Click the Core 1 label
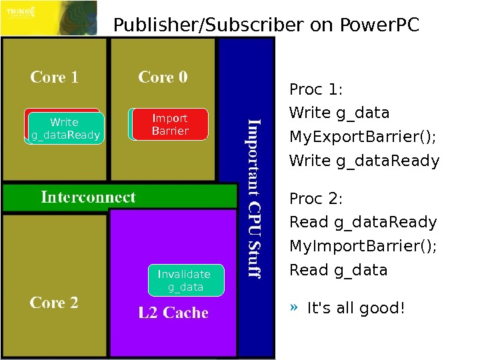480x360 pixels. (x=54, y=77)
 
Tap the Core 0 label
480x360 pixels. (x=163, y=77)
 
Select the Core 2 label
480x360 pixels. (x=54, y=303)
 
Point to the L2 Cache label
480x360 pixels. (x=173, y=312)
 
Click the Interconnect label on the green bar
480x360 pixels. (x=88, y=197)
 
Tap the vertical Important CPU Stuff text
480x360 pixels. (x=254, y=198)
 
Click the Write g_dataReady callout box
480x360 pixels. (x=65, y=129)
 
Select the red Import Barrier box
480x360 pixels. (x=170, y=125)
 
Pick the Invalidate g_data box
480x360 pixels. (x=185, y=281)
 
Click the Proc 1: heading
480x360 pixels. (x=315, y=89)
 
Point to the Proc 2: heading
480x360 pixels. (x=315, y=199)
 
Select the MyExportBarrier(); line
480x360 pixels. (x=363, y=137)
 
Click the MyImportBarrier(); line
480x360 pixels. (x=363, y=247)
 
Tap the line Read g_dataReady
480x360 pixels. (x=363, y=223)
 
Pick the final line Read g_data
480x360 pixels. (x=338, y=271)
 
